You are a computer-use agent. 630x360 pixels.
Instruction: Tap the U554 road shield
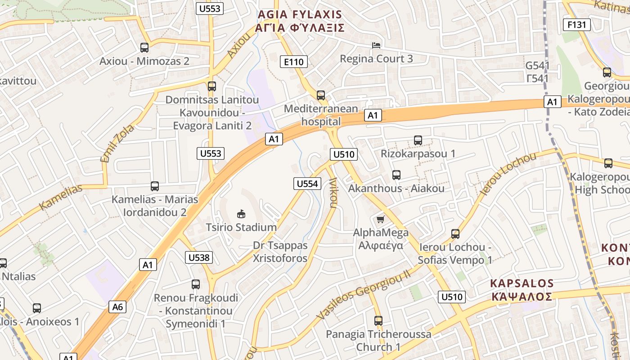tap(308, 183)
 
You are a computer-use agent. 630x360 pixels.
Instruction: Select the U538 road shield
tap(198, 257)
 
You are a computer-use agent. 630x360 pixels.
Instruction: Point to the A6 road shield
tap(117, 307)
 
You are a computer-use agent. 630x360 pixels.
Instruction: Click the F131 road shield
tap(576, 25)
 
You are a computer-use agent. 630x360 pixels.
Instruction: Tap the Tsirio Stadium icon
tap(241, 213)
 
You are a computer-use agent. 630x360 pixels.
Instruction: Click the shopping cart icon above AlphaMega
tap(381, 219)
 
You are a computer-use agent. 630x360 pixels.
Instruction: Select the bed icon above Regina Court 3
tap(376, 45)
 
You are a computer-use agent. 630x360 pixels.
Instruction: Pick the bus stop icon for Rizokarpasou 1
tap(418, 140)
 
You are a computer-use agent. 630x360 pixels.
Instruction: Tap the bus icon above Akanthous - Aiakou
tap(396, 175)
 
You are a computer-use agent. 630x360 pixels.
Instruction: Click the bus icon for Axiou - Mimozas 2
tap(144, 47)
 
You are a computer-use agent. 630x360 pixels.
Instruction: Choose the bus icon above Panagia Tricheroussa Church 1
tap(378, 321)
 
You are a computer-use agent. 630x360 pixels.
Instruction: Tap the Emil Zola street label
tap(117, 143)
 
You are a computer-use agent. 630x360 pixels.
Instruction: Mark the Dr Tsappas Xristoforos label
tap(280, 252)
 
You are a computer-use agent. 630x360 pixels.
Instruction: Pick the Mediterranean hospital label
tap(321, 115)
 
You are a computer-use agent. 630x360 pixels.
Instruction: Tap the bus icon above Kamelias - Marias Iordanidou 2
tap(155, 186)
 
